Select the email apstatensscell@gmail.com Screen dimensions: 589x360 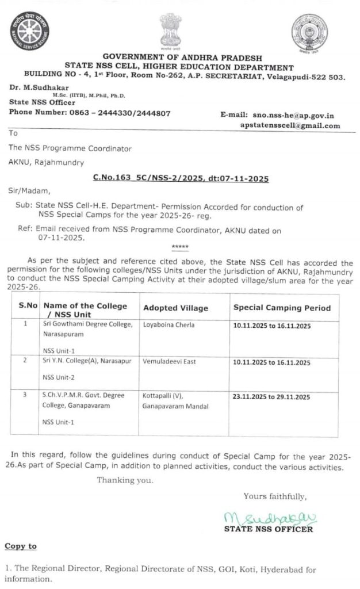click(x=290, y=125)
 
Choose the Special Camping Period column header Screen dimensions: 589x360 click(x=282, y=308)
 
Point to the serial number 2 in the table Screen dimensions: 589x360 click(x=25, y=361)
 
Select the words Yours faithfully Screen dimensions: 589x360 click(x=275, y=496)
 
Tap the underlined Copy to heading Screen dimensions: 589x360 click(x=21, y=546)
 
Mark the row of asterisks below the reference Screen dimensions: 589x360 click(x=179, y=247)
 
